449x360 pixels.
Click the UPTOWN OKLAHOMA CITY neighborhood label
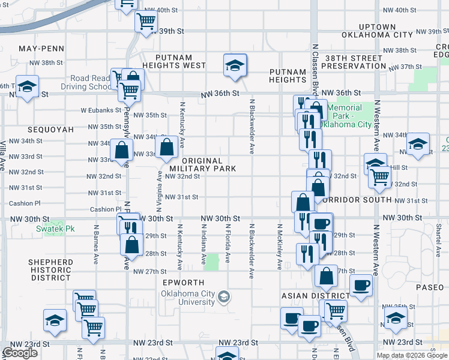pyautogui.click(x=377, y=31)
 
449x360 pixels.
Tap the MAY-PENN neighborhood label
pyautogui.click(x=41, y=48)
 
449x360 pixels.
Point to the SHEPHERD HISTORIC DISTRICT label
pyautogui.click(x=51, y=270)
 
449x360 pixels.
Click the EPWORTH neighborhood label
pyautogui.click(x=188, y=283)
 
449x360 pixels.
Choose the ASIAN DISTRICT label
pyautogui.click(x=316, y=296)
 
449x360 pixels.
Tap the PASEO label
pyautogui.click(x=429, y=288)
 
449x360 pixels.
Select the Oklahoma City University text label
pyautogui.click(x=187, y=298)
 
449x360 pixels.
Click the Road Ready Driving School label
pyautogui.click(x=90, y=82)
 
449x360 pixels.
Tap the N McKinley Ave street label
pyautogui.click(x=279, y=247)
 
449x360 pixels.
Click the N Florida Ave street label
pyautogui.click(x=228, y=244)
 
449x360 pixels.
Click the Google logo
pyautogui.click(x=20, y=353)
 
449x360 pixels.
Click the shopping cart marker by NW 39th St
pyautogui.click(x=146, y=23)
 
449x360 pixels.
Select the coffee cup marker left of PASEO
pyautogui.click(x=361, y=286)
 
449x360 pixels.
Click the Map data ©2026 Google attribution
pyautogui.click(x=412, y=355)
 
